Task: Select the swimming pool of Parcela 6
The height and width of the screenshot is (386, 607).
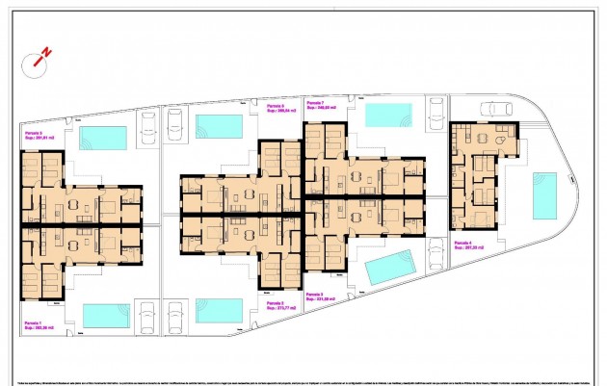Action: (218, 126)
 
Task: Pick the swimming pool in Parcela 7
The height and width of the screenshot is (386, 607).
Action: (387, 115)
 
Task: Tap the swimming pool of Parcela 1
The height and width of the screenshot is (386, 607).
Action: (105, 314)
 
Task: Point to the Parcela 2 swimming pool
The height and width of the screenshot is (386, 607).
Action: (219, 310)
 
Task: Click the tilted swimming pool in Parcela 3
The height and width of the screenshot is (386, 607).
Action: (389, 267)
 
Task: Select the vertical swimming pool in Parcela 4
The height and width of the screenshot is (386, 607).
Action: (544, 195)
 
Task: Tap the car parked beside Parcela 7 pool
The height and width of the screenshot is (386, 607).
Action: (436, 114)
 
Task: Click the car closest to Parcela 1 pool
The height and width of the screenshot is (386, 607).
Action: (148, 318)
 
